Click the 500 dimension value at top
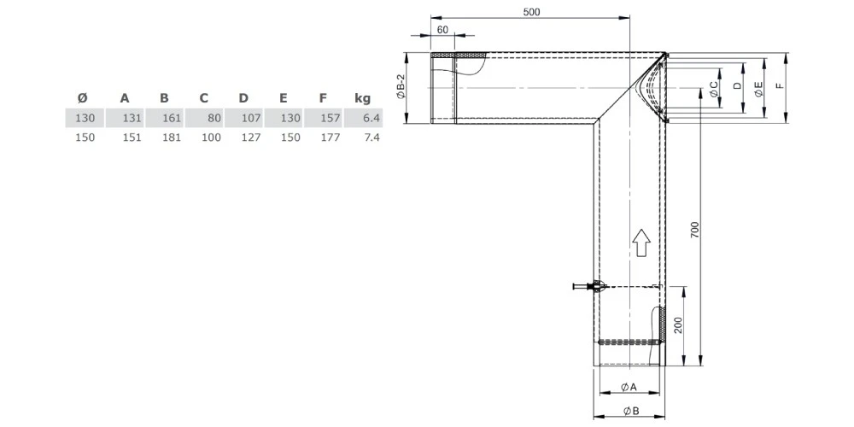pos(529,11)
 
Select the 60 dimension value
pos(442,29)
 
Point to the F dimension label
pos(780,87)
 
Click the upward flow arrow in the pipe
pos(640,243)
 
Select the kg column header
pos(361,98)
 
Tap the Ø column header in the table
pos(82,98)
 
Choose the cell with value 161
pos(171,118)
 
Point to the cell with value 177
pos(330,137)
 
